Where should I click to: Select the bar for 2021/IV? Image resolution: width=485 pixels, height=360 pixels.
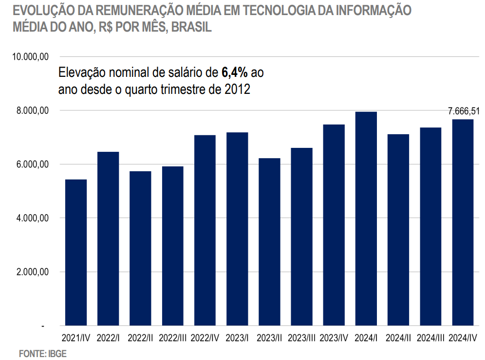click(76, 252)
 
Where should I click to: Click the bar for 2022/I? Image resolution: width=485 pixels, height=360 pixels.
click(108, 238)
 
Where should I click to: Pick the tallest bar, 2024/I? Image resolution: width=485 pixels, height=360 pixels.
click(366, 218)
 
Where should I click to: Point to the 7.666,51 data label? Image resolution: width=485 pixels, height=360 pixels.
click(464, 111)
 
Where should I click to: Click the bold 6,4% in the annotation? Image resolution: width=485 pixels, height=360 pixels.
click(235, 73)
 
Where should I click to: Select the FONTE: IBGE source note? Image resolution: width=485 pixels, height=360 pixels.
click(42, 354)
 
